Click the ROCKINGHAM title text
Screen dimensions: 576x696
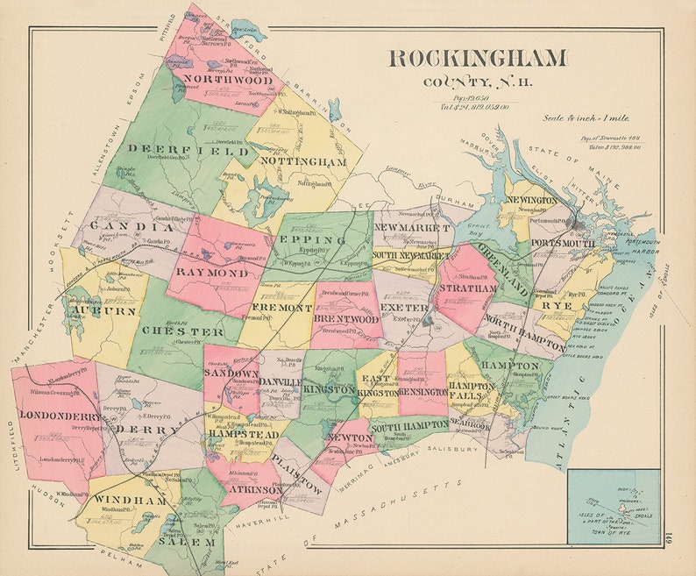pos(477,59)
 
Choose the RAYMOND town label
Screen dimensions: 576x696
pos(211,273)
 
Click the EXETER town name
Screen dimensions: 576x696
pos(404,308)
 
